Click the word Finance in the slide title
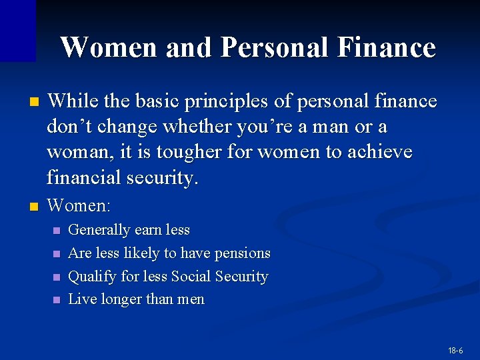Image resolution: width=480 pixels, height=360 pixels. pos(387,48)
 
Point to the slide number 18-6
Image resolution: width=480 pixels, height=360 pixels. pos(456,350)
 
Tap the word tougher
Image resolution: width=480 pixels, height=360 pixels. pos(190,153)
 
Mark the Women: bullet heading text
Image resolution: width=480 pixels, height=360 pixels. pos(79,205)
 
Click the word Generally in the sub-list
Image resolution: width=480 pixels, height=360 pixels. pos(99,230)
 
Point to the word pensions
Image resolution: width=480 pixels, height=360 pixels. pos(243,253)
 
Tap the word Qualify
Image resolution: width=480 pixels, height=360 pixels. pos(92,277)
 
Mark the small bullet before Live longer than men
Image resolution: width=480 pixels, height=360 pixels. pos(56,301)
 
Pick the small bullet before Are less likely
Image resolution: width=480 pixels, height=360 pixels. pos(56,254)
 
